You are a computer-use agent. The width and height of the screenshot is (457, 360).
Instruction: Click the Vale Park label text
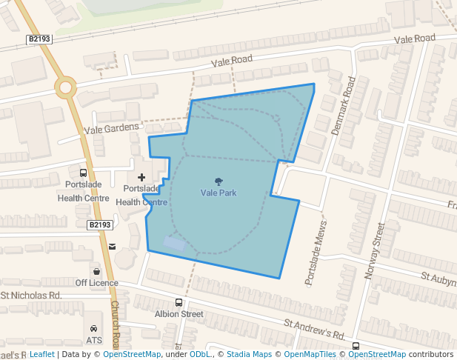[219, 193]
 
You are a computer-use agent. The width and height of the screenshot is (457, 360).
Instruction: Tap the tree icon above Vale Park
[219, 181]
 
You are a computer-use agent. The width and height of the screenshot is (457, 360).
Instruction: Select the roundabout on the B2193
[66, 87]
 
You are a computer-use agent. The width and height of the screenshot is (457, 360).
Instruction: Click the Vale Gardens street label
[111, 128]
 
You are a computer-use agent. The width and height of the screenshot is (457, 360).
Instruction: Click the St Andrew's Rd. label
[316, 330]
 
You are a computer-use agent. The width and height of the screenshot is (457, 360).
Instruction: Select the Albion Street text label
[179, 314]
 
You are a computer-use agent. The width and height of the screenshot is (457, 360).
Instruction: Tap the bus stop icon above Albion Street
[179, 302]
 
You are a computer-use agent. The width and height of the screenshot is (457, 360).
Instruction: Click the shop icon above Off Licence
[96, 271]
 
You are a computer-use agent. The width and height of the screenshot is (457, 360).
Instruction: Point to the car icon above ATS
[94, 329]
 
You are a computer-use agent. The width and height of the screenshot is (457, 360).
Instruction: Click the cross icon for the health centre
[141, 178]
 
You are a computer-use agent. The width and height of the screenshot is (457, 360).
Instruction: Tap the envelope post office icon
[112, 247]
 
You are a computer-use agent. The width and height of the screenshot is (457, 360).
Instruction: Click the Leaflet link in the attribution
[41, 354]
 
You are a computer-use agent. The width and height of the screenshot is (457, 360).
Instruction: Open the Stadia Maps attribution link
[249, 354]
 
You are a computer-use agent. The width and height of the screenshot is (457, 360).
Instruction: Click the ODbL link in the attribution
[200, 354]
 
